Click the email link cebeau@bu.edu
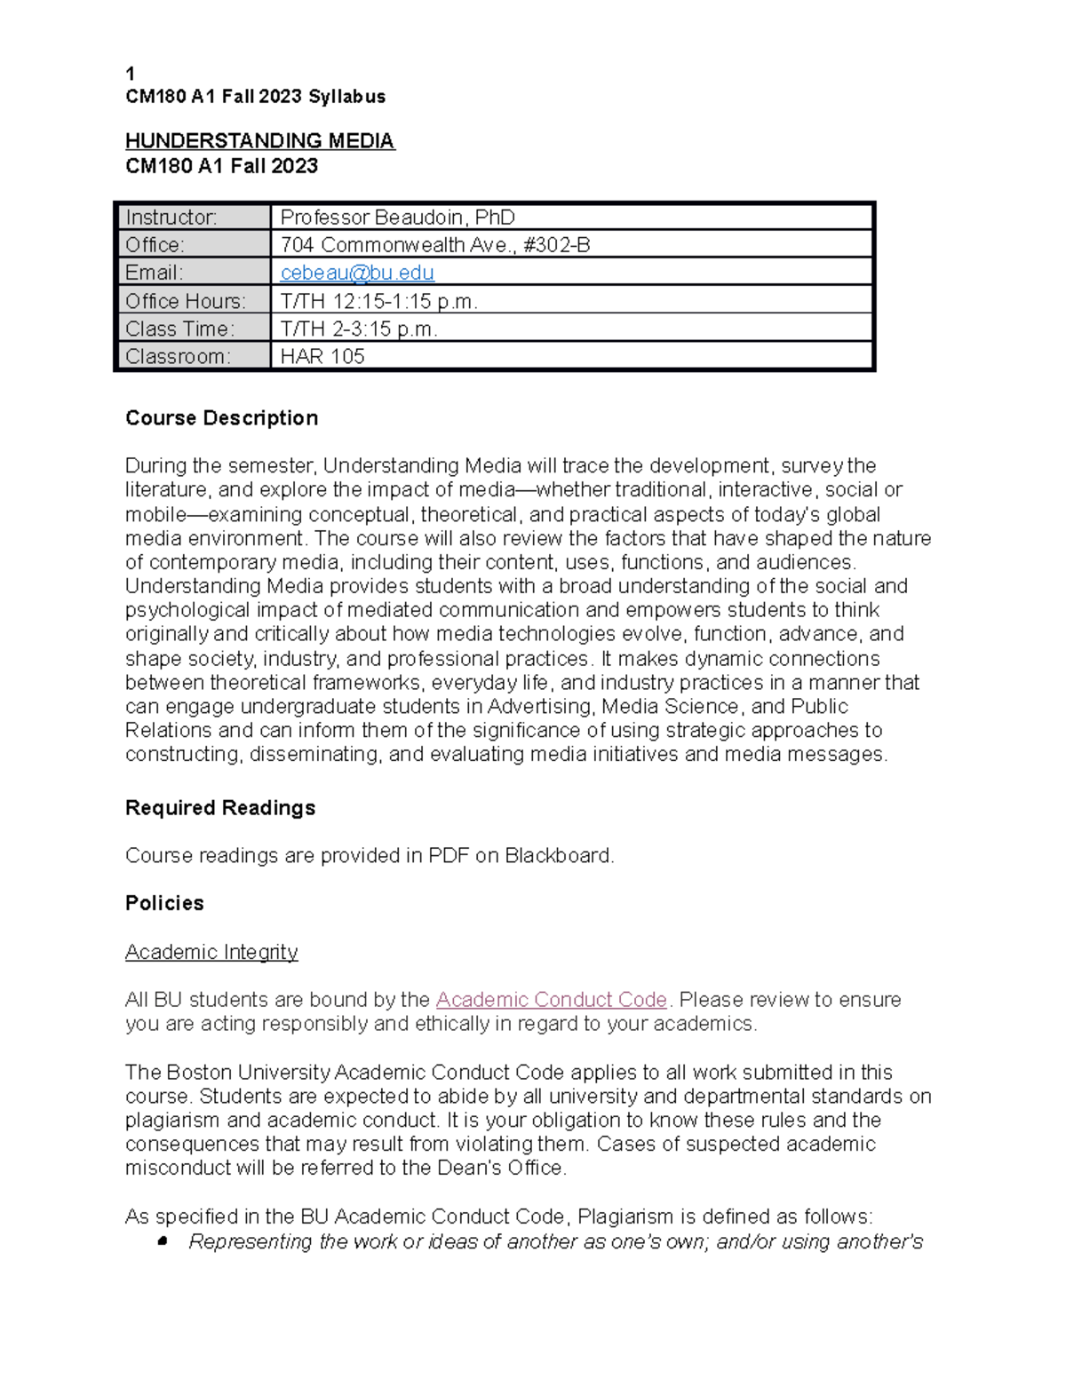[357, 273]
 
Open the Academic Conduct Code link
[551, 1000]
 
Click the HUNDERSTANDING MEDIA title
[259, 141]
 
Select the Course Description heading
[221, 418]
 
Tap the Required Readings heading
[220, 808]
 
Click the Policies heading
[164, 903]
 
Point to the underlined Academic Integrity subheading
[211, 952]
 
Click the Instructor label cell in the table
[194, 218]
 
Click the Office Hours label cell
[194, 301]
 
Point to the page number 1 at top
[131, 74]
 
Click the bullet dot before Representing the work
[163, 1241]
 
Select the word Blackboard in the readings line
[559, 856]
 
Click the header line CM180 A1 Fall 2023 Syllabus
[255, 97]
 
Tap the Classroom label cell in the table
[194, 356]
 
